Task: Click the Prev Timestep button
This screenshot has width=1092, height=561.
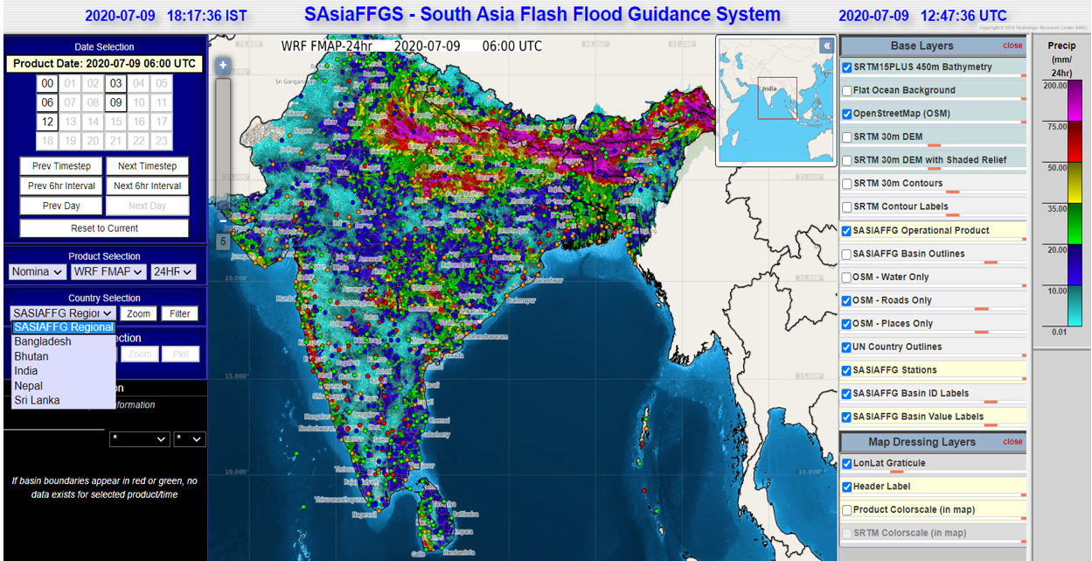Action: (61, 166)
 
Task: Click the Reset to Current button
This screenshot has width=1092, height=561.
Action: (104, 228)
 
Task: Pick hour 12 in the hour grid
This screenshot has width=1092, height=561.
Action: (47, 123)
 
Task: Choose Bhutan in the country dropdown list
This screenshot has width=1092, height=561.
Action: (31, 356)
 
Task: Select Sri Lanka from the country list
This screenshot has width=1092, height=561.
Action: (38, 400)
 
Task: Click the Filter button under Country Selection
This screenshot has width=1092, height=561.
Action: (180, 313)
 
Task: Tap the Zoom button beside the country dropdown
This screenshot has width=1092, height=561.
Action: (138, 313)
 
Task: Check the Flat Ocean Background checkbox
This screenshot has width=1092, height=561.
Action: (846, 90)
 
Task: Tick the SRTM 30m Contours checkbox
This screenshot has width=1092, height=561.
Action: (846, 184)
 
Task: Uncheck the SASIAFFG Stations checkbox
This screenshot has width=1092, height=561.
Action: (846, 370)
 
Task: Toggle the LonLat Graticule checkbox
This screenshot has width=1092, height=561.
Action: (846, 464)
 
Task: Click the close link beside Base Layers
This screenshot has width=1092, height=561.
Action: (1012, 46)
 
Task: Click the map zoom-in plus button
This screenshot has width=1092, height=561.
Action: (223, 66)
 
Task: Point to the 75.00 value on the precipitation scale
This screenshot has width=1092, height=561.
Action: (1057, 127)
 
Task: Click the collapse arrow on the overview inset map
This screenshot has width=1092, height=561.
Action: (826, 46)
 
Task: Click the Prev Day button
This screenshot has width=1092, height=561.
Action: (61, 206)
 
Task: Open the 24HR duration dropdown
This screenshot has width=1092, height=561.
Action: (172, 272)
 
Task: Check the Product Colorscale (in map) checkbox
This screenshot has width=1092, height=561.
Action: (846, 510)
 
